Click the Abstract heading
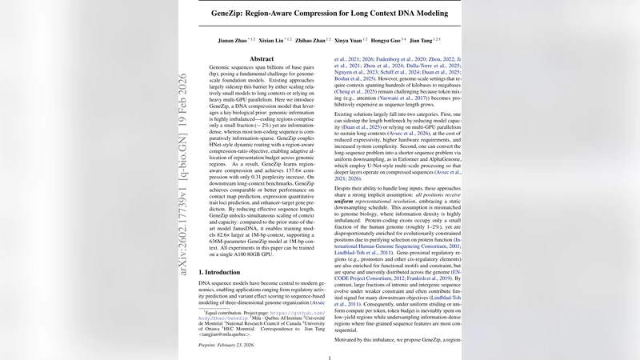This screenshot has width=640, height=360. [262, 59]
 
